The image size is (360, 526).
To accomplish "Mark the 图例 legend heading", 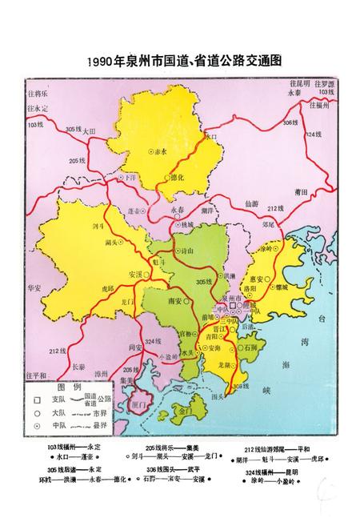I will coord(73,385).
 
